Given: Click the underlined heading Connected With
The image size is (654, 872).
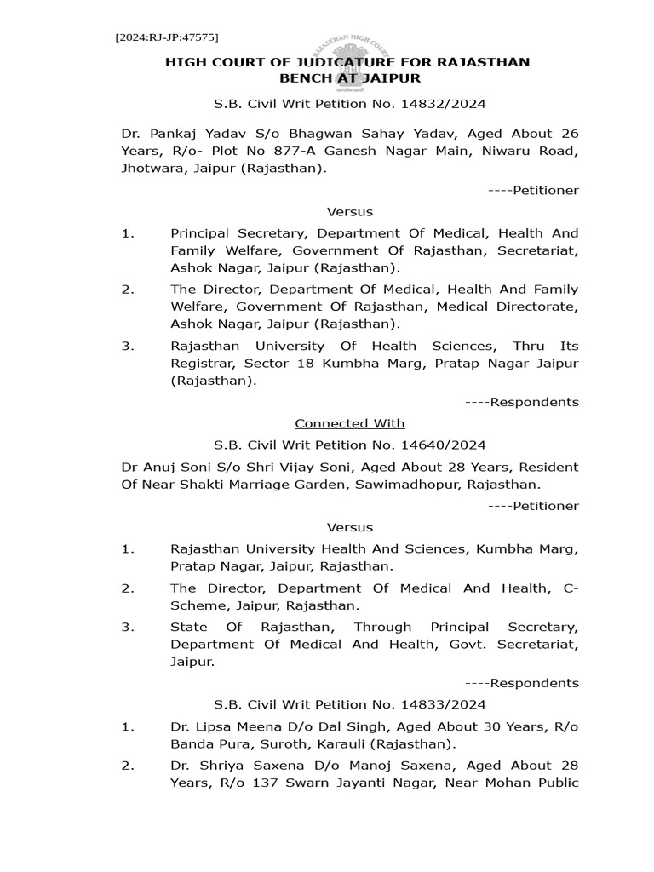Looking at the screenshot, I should (350, 423).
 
